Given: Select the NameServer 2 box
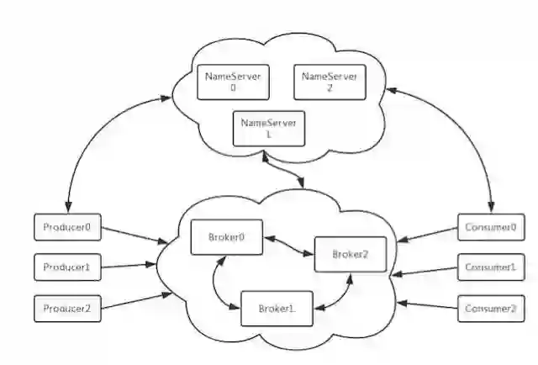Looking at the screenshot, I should point(330,82).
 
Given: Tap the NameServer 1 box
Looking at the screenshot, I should point(269,129).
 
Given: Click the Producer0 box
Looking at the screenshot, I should point(67,227).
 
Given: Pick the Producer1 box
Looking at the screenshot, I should point(67,268).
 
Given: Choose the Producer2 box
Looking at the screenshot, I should point(67,309).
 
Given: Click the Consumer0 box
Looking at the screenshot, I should point(488,227).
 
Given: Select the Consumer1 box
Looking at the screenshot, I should point(488,268).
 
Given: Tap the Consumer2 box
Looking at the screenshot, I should point(488,309).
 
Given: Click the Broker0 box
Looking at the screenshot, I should point(227,237).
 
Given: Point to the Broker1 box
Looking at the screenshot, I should point(276,309).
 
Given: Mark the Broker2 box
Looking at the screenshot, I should point(350,254).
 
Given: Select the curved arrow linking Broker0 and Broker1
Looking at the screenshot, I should point(218,284).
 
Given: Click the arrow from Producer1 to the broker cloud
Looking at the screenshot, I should point(129,267).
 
